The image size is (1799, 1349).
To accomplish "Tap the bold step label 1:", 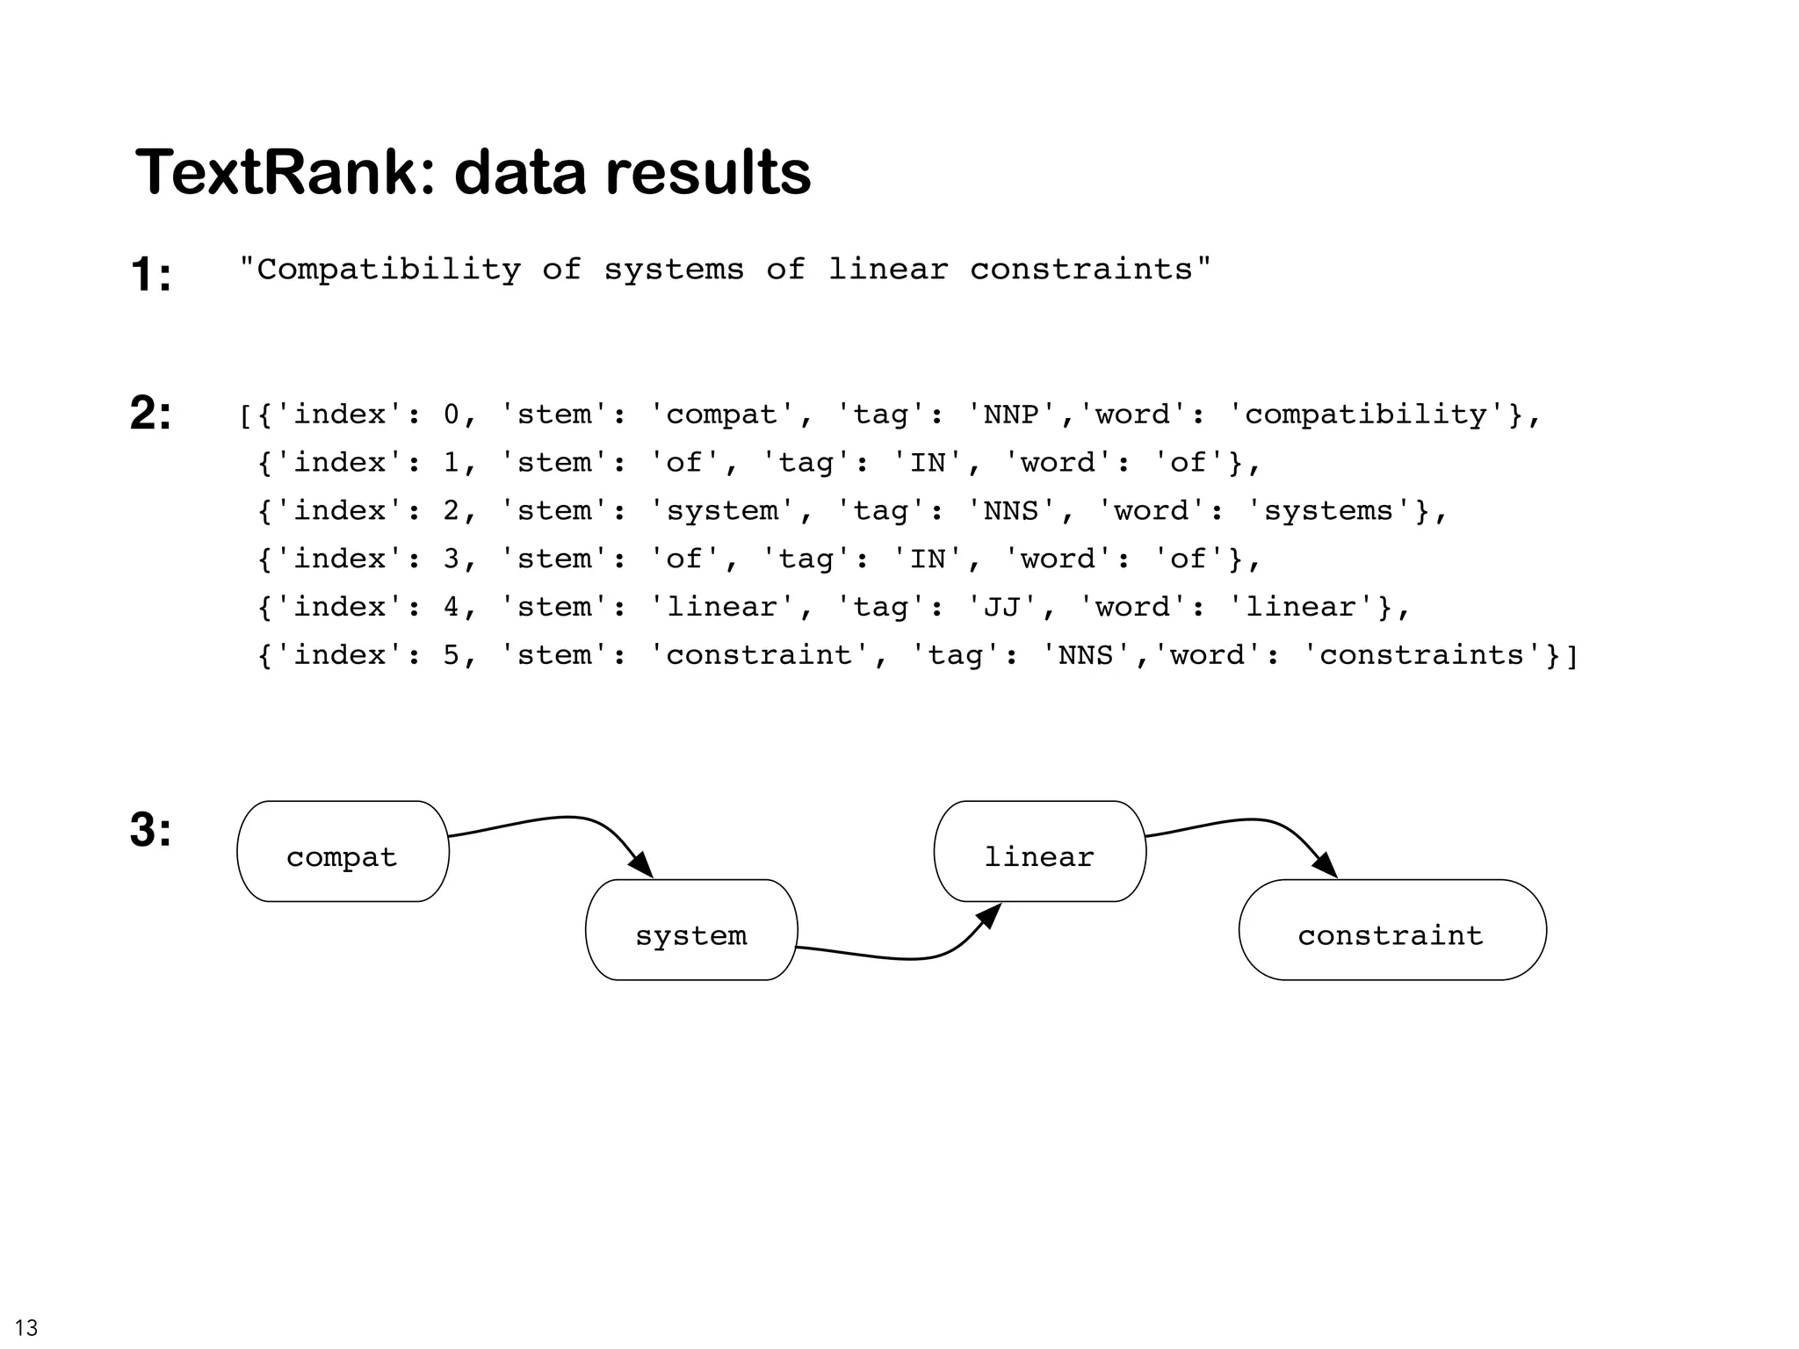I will (x=151, y=274).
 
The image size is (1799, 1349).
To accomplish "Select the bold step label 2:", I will (x=151, y=412).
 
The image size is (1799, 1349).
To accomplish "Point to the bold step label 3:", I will (x=151, y=829).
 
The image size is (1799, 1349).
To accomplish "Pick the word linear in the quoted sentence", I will (x=888, y=269).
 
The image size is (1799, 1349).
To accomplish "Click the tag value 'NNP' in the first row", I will (x=1011, y=414).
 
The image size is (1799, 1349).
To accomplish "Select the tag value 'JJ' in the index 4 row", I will (x=1001, y=607).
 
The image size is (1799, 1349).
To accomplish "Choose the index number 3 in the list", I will (x=452, y=559).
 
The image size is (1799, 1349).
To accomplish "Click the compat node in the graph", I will (x=343, y=851).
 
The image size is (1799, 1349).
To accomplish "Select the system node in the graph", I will (x=691, y=930).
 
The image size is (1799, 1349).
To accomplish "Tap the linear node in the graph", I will (x=1039, y=851).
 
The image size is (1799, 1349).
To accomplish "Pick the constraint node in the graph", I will (x=1391, y=930).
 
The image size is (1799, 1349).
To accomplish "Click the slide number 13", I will (x=26, y=1327).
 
